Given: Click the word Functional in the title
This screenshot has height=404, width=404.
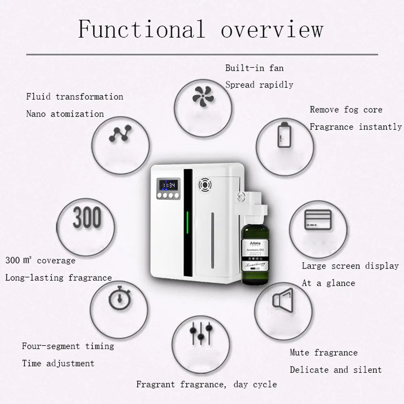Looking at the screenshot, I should (141, 29).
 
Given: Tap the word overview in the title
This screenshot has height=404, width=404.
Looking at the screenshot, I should (272, 29).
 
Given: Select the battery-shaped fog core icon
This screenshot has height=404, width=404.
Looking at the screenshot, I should (284, 135).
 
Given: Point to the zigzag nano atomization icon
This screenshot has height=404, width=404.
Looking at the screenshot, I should (120, 134).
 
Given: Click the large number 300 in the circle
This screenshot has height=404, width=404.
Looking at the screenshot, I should (87, 218).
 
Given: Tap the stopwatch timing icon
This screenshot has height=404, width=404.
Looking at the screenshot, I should (119, 299).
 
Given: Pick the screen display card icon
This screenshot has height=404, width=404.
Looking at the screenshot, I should (318, 220).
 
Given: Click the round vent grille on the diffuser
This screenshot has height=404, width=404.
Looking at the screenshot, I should (205, 185).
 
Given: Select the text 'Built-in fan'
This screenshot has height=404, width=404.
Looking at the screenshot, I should (255, 67).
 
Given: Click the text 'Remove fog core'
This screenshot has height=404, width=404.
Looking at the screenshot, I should (346, 109).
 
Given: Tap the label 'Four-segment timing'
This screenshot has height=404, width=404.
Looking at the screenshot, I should (68, 346).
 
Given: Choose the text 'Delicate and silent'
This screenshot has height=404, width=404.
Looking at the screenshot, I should (335, 370).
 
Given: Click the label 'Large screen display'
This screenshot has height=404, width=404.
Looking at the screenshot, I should (350, 266).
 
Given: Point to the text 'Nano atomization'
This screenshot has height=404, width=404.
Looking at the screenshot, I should (65, 114).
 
